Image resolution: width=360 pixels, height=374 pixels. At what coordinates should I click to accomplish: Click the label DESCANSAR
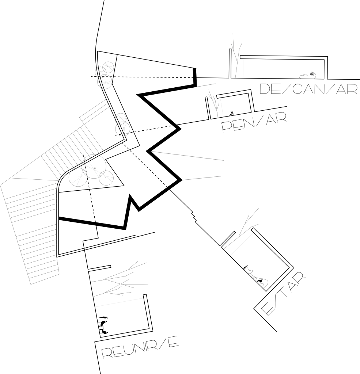[x=308, y=89]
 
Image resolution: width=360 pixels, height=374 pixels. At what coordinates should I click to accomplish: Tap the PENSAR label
[x=254, y=123]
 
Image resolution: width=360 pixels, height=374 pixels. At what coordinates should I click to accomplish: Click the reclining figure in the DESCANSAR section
[x=308, y=75]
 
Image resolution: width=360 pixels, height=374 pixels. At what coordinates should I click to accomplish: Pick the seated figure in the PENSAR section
[x=231, y=113]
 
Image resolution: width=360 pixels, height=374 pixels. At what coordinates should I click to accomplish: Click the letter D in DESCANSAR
[x=265, y=89]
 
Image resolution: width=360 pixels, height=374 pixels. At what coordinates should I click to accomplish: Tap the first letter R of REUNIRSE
[x=107, y=353]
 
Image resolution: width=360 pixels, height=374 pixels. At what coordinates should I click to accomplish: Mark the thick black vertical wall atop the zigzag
[x=194, y=77]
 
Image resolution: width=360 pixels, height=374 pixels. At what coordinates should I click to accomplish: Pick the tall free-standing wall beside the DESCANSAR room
[x=230, y=64]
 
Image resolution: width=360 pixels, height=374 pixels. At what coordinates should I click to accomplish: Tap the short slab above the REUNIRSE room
[x=99, y=268]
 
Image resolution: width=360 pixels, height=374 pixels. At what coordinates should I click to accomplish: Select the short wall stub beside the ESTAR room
[x=228, y=239]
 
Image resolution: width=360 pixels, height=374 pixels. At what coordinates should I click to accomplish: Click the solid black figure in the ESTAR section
[x=259, y=281]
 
